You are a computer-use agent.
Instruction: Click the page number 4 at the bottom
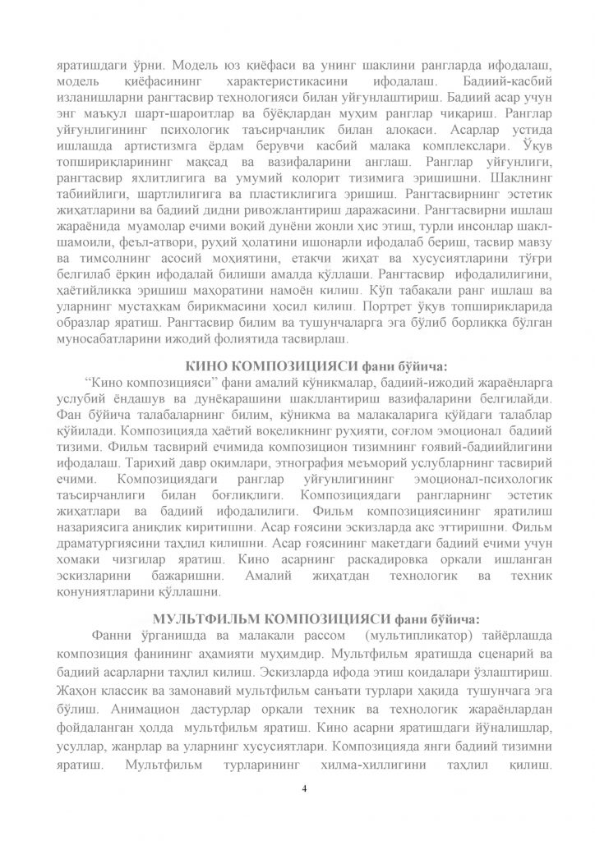click(x=304, y=789)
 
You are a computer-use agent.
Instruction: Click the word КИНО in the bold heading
click(x=205, y=365)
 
